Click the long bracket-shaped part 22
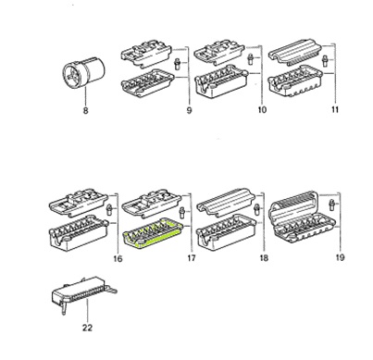pyautogui.click(x=81, y=298)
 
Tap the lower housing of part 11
pyautogui.click(x=299, y=89)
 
